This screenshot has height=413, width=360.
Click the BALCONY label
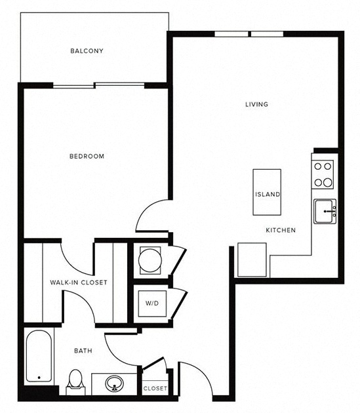pyautogui.click(x=87, y=51)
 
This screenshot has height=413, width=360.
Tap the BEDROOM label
pyautogui.click(x=87, y=156)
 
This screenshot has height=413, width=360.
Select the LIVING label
pyautogui.click(x=256, y=104)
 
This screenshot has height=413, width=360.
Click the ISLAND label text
pyautogui.click(x=268, y=195)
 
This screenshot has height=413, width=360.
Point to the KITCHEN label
pyautogui.click(x=281, y=230)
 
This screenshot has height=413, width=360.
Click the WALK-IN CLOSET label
pyautogui.click(x=79, y=283)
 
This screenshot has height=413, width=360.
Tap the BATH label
pyautogui.click(x=83, y=351)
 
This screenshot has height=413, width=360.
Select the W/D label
pyautogui.click(x=152, y=304)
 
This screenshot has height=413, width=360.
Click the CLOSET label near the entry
pyautogui.click(x=155, y=388)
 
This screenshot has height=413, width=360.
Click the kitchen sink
pyautogui.click(x=325, y=211)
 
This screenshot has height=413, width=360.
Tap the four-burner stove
pyautogui.click(x=323, y=174)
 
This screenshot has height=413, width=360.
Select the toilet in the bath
pyautogui.click(x=75, y=382)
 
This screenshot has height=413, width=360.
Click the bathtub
pyautogui.click(x=39, y=356)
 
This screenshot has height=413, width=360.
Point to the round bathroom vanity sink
pyautogui.click(x=114, y=383)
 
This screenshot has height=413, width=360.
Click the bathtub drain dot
pyautogui.click(x=39, y=378)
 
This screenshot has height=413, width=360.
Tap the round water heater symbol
pyautogui.click(x=150, y=260)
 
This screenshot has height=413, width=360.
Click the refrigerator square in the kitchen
pyautogui.click(x=252, y=260)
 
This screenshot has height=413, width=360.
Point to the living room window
pyautogui.click(x=249, y=34)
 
